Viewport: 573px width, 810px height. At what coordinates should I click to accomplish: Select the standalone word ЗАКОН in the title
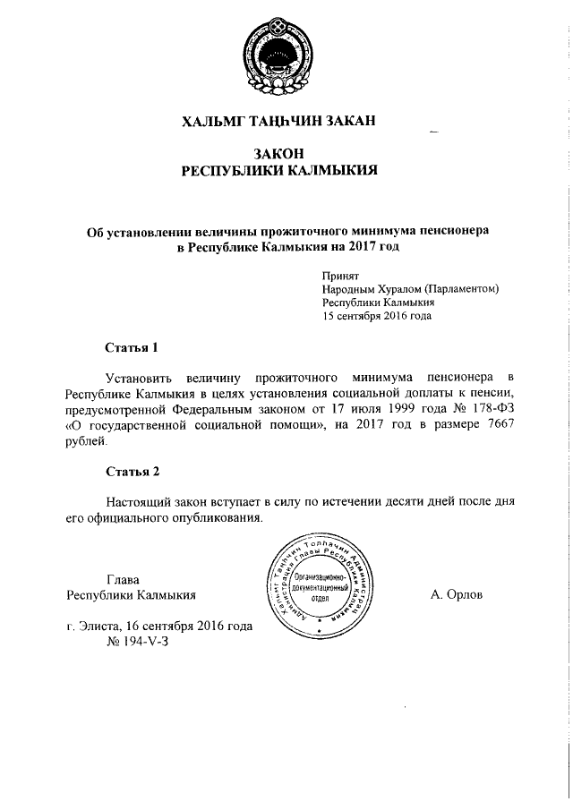coord(285,155)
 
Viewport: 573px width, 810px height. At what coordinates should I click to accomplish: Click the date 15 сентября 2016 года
coord(377,316)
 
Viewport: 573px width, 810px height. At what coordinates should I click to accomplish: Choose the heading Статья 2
coord(133,471)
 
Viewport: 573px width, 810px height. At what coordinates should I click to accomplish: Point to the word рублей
coord(85,442)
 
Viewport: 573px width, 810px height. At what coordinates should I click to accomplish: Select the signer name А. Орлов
coord(456,594)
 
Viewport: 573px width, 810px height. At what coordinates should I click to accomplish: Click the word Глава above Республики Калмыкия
coord(124,579)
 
